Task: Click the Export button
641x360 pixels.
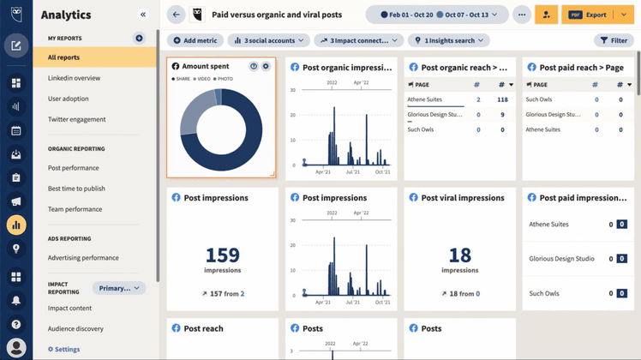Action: pyautogui.click(x=590, y=15)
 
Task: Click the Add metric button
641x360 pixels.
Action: pyautogui.click(x=195, y=40)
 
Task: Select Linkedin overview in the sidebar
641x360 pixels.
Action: pyautogui.click(x=75, y=78)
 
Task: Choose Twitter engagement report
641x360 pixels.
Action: pyautogui.click(x=77, y=119)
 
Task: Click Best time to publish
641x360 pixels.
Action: pyautogui.click(x=77, y=189)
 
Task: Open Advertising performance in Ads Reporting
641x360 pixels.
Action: pyautogui.click(x=83, y=257)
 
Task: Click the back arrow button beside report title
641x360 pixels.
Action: pyautogui.click(x=177, y=15)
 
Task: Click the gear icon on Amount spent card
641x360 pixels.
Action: pyautogui.click(x=266, y=66)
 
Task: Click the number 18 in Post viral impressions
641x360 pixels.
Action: pyautogui.click(x=460, y=254)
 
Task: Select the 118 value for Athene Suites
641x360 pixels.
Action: pyautogui.click(x=502, y=99)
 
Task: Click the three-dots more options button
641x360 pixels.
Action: pyautogui.click(x=521, y=15)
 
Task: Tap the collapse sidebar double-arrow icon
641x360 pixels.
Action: pyautogui.click(x=143, y=15)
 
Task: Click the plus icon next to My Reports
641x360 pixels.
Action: pyautogui.click(x=140, y=39)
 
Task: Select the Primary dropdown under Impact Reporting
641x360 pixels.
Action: pyautogui.click(x=119, y=288)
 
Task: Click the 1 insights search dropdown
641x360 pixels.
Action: pyautogui.click(x=448, y=40)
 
